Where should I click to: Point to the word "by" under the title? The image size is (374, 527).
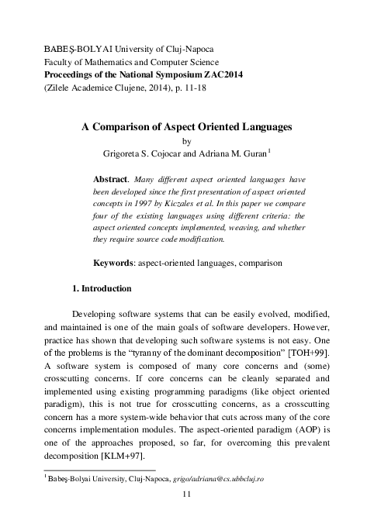[x=185, y=141]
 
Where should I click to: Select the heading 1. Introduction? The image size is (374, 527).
[x=102, y=289]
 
